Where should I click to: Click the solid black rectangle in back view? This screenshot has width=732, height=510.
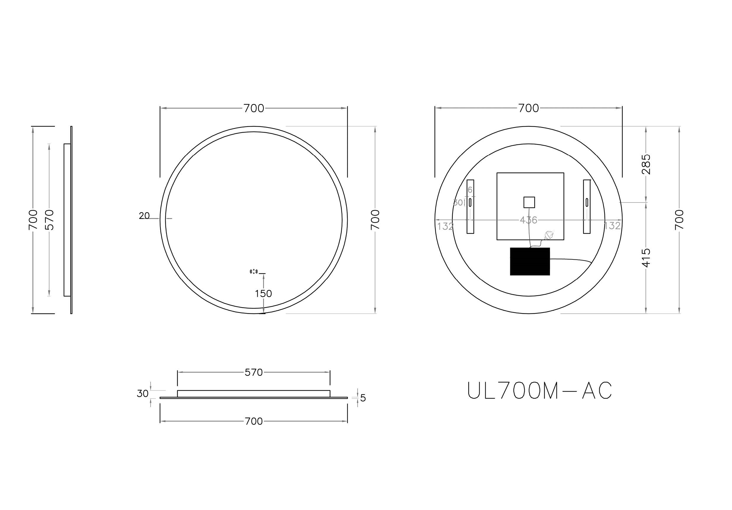pos(530,261)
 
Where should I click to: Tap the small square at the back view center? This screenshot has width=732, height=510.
pos(529,202)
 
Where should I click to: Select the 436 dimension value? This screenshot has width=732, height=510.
pos(528,220)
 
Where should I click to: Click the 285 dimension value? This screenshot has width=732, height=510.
pos(646,164)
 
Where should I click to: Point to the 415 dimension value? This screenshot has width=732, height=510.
pos(646,258)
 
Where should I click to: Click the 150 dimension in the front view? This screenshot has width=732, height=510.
pos(263,294)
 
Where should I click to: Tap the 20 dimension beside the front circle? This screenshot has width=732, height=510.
pos(144,216)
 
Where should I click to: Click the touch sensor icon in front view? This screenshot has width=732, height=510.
pos(254,272)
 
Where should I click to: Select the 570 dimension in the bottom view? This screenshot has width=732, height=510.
pos(254,372)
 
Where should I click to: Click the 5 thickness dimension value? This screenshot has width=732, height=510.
pos(363,398)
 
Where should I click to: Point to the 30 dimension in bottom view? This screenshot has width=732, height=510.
pos(143,394)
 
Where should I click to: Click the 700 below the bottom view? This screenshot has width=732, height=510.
pos(254,421)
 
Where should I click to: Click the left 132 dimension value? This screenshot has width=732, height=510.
pos(445,226)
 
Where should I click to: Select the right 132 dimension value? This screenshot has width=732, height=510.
pos(612,226)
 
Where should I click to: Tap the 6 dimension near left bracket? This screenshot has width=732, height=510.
pos(470,190)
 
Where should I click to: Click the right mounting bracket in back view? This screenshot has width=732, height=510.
pos(586,207)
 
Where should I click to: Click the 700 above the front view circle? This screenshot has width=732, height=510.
pos(254,108)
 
